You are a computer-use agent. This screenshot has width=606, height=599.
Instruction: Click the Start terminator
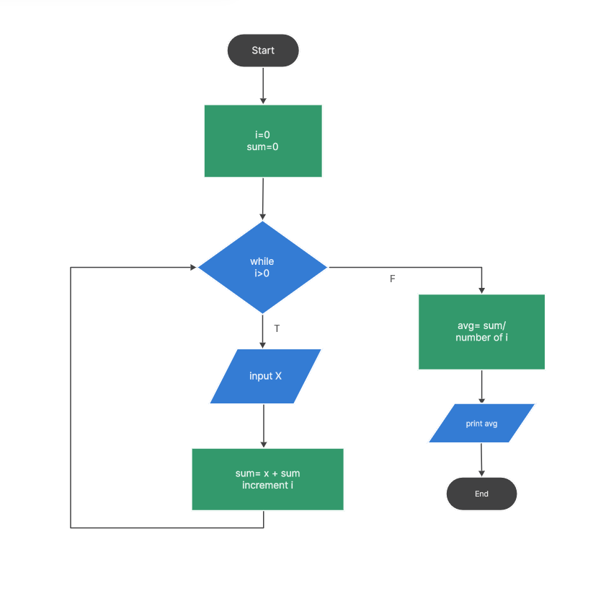(263, 51)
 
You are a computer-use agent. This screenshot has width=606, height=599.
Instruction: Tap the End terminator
(481, 494)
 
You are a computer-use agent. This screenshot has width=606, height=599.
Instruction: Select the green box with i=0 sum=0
(263, 141)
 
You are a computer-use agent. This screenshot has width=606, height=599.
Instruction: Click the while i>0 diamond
(262, 267)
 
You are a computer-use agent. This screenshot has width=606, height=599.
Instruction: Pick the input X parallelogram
(265, 376)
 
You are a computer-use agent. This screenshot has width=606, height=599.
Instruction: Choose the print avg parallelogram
(481, 423)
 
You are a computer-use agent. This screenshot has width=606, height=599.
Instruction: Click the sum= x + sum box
(267, 479)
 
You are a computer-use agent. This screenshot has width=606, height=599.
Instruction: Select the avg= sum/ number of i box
(481, 332)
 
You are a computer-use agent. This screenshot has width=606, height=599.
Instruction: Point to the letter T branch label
(277, 329)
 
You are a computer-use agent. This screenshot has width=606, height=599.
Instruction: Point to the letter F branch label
(393, 279)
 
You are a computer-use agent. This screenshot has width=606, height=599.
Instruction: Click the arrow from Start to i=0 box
(263, 85)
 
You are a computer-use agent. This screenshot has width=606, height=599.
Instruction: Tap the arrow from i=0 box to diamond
(263, 198)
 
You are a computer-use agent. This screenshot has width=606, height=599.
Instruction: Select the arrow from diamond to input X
(264, 331)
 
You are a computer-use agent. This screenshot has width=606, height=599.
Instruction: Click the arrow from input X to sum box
(264, 426)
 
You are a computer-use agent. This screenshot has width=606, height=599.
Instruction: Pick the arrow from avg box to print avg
(481, 386)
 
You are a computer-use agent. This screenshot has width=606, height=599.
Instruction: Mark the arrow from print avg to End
(481, 460)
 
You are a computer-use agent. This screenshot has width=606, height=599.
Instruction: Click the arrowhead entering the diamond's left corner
(193, 267)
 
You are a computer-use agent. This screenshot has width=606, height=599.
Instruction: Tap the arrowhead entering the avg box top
(481, 290)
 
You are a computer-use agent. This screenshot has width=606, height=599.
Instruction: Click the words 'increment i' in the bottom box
(267, 485)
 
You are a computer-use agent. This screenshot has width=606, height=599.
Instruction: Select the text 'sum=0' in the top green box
(263, 147)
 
